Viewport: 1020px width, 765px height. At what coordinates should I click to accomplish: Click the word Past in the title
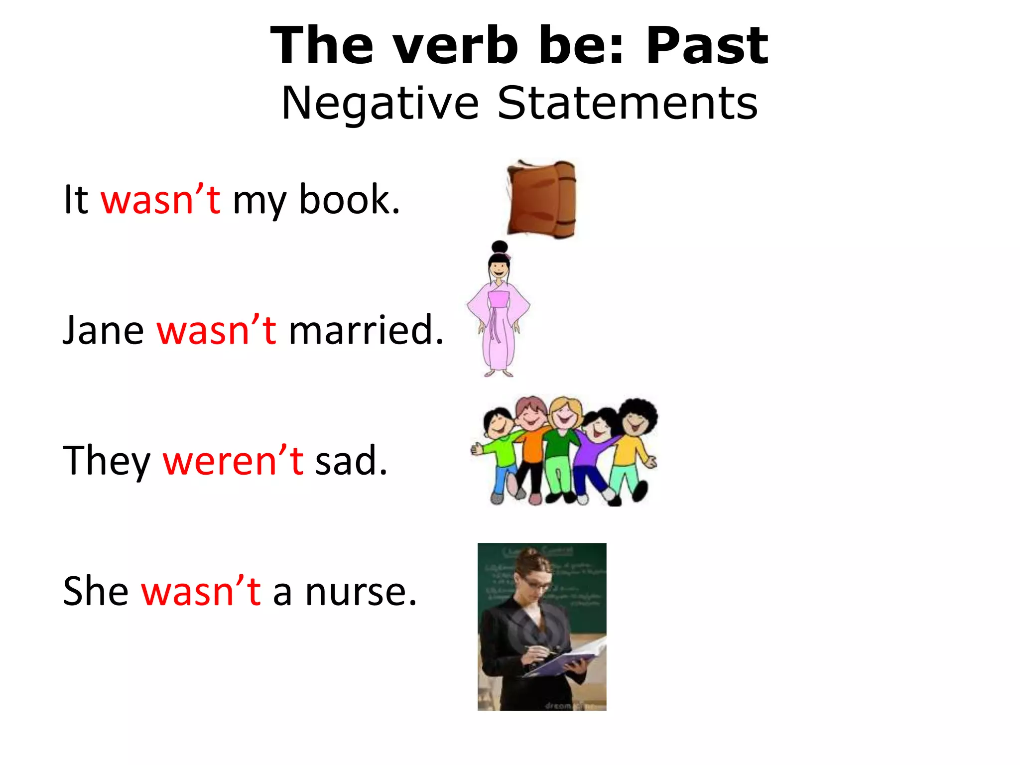click(x=707, y=46)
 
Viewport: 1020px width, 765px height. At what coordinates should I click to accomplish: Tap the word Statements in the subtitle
click(x=628, y=103)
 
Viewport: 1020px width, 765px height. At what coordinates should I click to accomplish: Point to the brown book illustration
click(x=542, y=199)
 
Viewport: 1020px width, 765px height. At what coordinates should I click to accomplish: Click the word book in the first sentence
click(x=349, y=200)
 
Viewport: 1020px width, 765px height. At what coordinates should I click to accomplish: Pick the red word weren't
click(x=233, y=461)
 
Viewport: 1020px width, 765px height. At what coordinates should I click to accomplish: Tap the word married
click(x=366, y=330)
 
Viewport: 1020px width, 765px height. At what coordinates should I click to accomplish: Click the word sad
click(x=351, y=461)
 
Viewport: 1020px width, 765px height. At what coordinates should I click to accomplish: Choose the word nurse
click(x=361, y=592)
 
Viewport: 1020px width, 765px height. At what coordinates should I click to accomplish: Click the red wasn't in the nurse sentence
click(x=201, y=592)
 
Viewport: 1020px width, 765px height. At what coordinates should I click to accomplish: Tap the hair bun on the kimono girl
click(x=499, y=247)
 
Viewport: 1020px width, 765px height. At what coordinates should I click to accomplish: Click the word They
click(x=106, y=461)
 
